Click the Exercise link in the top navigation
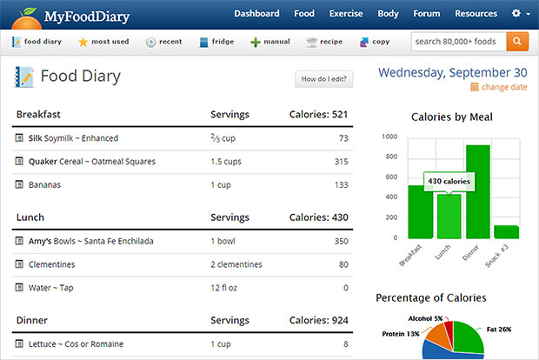346,14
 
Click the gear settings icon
516,14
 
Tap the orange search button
517,41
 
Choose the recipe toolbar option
323,42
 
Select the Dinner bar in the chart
477,191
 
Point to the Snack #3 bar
506,231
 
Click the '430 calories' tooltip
449,181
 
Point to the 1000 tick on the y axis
389,137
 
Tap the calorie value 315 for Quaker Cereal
341,162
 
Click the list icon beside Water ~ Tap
19,288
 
